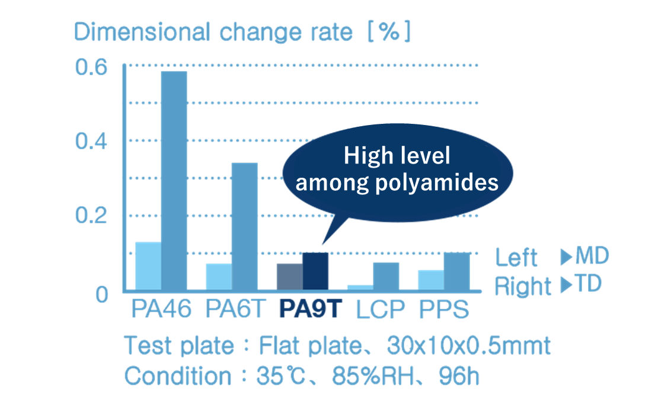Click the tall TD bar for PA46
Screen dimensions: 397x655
click(x=174, y=181)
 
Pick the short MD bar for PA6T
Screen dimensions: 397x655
click(x=219, y=277)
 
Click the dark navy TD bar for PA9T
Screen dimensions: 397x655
click(x=315, y=272)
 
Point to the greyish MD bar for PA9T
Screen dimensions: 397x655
click(x=290, y=277)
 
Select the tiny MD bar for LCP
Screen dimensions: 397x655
click(x=361, y=288)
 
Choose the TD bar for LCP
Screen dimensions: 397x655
click(x=386, y=277)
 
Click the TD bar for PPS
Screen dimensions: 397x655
click(x=456, y=272)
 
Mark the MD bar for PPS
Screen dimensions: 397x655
click(x=432, y=281)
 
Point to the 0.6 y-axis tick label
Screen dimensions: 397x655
click(x=91, y=67)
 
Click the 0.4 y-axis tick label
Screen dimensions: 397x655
click(x=91, y=142)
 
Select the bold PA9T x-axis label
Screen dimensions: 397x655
click(x=311, y=309)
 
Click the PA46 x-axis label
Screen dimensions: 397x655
click(x=161, y=309)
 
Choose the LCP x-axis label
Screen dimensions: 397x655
click(x=380, y=309)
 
